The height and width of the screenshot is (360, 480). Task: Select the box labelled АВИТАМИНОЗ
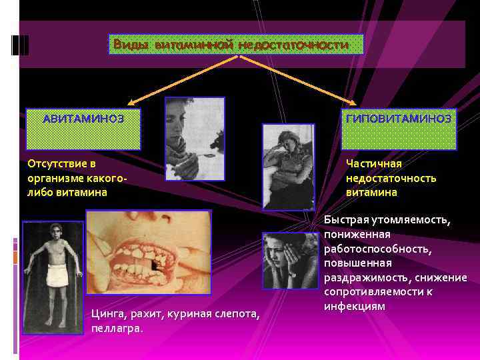point(83,128)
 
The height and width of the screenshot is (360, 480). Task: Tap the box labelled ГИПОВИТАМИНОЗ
point(399,128)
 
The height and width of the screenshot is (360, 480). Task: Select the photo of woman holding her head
point(289,260)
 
